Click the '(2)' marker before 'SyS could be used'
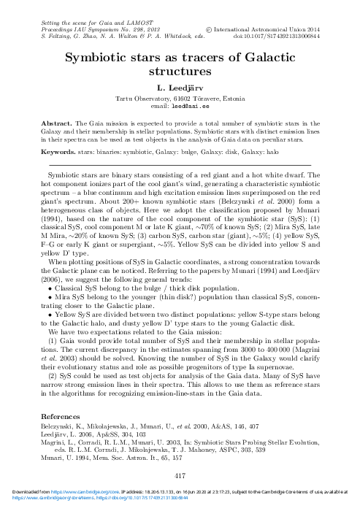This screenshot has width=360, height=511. click(x=53, y=364)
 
